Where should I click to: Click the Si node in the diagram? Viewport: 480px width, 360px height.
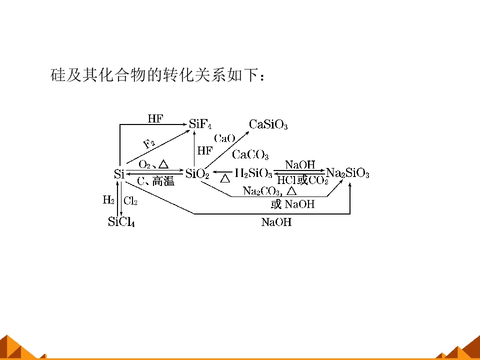tap(119, 174)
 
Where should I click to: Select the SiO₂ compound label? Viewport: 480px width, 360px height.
tap(197, 174)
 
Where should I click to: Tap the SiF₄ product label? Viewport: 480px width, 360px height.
tap(200, 124)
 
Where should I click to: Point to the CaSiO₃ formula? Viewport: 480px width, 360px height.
tap(268, 124)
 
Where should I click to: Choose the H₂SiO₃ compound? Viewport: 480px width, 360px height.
tap(254, 173)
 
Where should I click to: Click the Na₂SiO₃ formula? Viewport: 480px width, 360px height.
tap(348, 173)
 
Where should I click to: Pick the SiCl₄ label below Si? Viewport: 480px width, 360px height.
tap(121, 221)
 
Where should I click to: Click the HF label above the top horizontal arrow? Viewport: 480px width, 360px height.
tap(155, 118)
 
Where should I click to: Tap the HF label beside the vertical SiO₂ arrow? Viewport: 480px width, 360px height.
tap(205, 150)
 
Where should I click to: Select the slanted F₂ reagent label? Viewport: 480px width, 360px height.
tap(149, 143)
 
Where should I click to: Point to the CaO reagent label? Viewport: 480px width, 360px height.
tap(224, 138)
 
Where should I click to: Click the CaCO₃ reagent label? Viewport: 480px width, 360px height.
tap(250, 154)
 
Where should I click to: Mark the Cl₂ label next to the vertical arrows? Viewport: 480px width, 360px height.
tap(130, 201)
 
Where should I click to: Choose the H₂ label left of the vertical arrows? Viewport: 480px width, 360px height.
tap(108, 200)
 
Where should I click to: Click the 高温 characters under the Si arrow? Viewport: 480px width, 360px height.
tap(163, 181)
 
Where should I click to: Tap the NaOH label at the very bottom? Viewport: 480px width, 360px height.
tap(276, 222)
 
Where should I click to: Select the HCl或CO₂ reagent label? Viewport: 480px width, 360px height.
tap(303, 180)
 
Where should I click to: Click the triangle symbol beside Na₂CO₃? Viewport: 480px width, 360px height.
tap(291, 191)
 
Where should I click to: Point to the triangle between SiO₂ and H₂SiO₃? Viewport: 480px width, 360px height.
tap(225, 178)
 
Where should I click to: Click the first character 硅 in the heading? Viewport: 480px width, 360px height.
tap(58, 74)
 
